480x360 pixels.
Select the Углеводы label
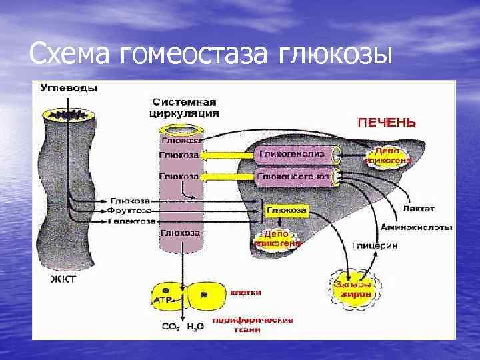click(69, 88)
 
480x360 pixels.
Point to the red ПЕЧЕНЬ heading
click(387, 123)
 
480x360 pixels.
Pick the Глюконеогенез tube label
click(293, 176)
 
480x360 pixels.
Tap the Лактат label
click(418, 208)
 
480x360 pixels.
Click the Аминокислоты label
click(416, 227)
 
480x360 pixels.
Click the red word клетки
click(246, 293)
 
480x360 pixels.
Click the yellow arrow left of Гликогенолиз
click(228, 155)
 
